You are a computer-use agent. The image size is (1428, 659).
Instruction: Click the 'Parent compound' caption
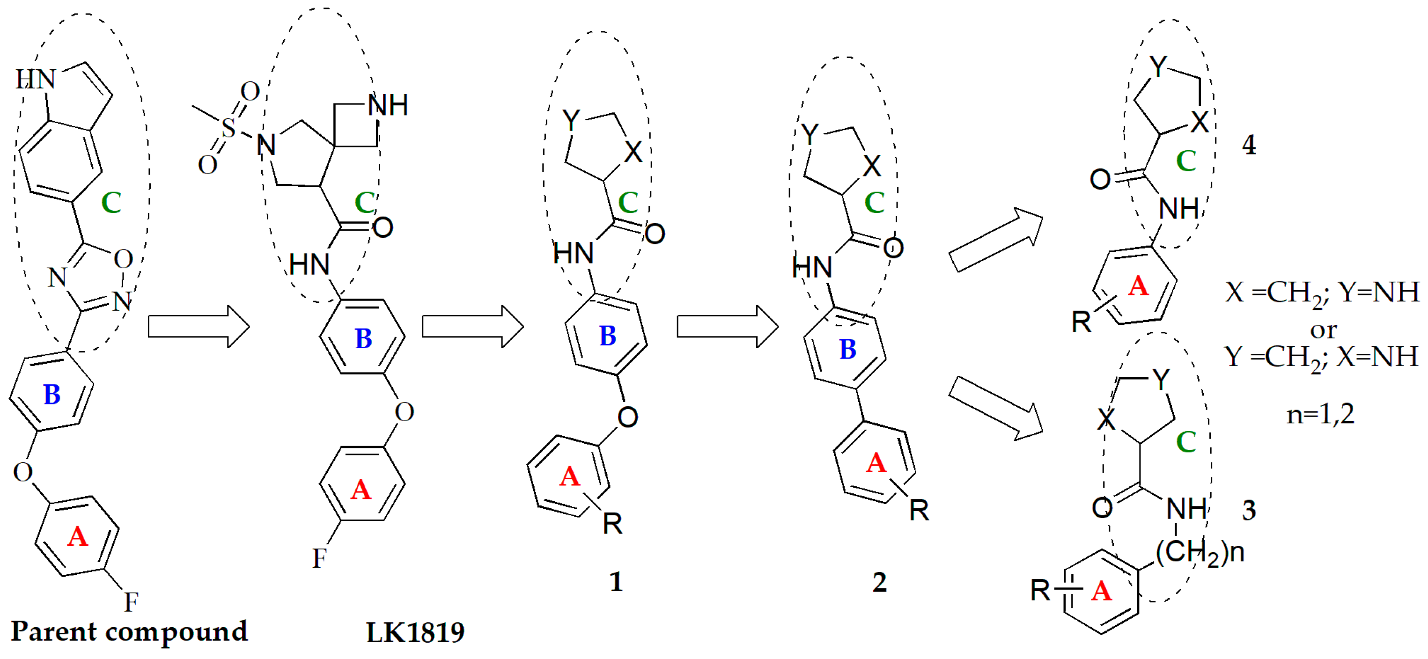pyautogui.click(x=129, y=631)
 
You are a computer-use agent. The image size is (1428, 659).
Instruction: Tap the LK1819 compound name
pyautogui.click(x=415, y=632)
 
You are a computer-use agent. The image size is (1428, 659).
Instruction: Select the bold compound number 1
pyautogui.click(x=616, y=581)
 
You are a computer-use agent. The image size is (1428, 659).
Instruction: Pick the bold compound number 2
pyautogui.click(x=879, y=582)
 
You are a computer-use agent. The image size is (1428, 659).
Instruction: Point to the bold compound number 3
pyautogui.click(x=1249, y=510)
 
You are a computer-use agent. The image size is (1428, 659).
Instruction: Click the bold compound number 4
pyautogui.click(x=1249, y=145)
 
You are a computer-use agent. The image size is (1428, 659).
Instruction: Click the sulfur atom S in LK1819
pyautogui.click(x=228, y=128)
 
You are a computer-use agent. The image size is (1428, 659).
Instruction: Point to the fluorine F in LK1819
pyautogui.click(x=320, y=558)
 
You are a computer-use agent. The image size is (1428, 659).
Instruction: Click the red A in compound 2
pyautogui.click(x=876, y=463)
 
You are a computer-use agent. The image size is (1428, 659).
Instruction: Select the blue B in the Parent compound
pyautogui.click(x=52, y=394)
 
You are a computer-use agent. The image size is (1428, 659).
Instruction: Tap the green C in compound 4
pyautogui.click(x=1186, y=161)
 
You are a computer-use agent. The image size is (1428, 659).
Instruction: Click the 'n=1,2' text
pyautogui.click(x=1320, y=413)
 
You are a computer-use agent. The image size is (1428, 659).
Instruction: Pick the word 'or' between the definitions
pyautogui.click(x=1323, y=330)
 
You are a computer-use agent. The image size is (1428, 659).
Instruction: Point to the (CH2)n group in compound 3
pyautogui.click(x=1200, y=552)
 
